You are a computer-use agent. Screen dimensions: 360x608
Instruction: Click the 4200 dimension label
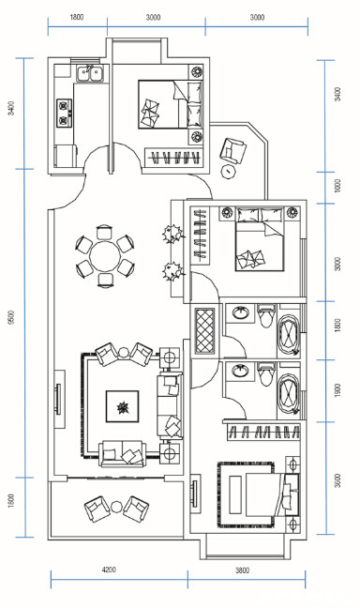pos(109,570)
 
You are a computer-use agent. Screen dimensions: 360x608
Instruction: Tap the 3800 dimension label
pos(242,570)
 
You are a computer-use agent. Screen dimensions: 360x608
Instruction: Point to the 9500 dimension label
pos(11,317)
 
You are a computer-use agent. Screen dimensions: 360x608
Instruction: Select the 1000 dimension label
pos(337,186)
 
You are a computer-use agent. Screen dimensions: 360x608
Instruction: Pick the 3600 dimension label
pos(337,480)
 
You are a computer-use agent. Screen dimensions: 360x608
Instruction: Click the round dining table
pos(105,255)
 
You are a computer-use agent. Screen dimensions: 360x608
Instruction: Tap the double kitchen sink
pos(90,74)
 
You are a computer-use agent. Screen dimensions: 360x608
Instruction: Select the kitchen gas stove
pos(65,114)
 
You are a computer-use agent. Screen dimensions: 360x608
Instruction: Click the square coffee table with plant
pos(123,406)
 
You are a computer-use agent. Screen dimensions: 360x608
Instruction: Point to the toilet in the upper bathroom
pos(265,316)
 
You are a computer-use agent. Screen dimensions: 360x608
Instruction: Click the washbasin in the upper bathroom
pos(241,312)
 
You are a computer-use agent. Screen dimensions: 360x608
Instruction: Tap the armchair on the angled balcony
pos(232,151)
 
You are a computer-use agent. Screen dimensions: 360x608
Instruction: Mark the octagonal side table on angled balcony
pos(229,171)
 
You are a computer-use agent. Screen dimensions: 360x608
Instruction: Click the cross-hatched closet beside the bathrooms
pos(204,331)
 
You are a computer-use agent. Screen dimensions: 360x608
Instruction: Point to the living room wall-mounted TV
pos(58,399)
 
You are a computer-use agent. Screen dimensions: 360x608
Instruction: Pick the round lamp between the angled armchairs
pos(123,353)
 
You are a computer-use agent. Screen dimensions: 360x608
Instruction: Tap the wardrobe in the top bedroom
pos(174,157)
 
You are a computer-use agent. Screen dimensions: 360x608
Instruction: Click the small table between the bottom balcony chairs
pos(116,507)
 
